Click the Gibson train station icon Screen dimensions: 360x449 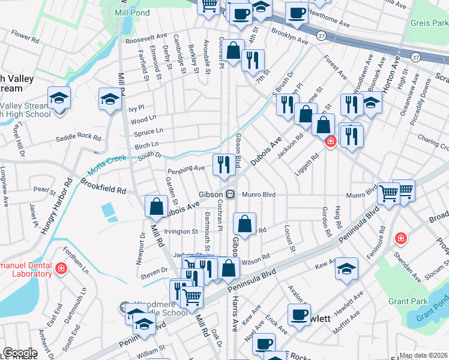pos(230,194)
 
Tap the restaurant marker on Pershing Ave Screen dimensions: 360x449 pos(224,164)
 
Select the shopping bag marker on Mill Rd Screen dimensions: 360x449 pos(156,206)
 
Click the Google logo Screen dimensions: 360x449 pos(20,353)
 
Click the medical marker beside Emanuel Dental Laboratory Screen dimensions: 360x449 pos(60,268)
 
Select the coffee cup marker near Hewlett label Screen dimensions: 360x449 pos(299,314)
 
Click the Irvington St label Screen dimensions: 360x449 pos(177,232)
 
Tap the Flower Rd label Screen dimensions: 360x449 pos(25,37)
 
